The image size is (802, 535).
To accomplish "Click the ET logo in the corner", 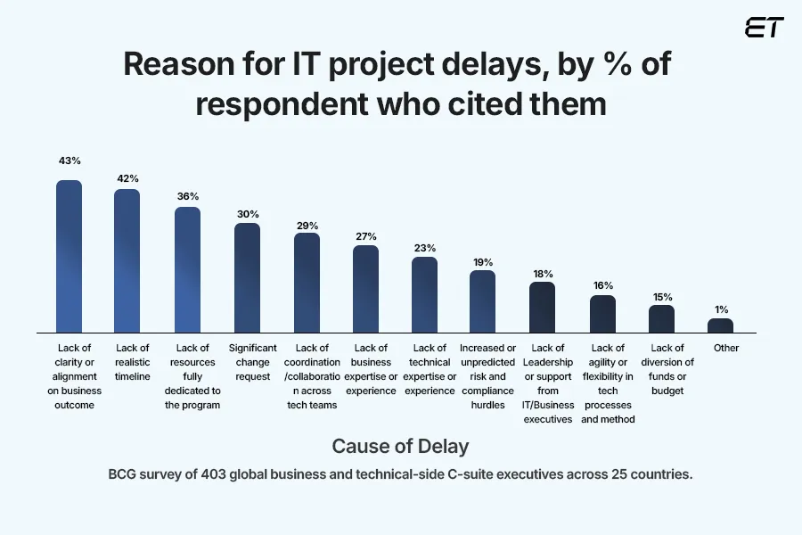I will pyautogui.click(x=765, y=28).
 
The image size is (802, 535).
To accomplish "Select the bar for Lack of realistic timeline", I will pyautogui.click(x=127, y=259).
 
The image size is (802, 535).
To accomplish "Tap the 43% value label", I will pyautogui.click(x=69, y=161).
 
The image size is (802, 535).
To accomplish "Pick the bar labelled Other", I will pyautogui.click(x=720, y=325).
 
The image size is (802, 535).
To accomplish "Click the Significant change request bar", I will pyautogui.click(x=247, y=277).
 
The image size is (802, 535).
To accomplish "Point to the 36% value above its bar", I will pyautogui.click(x=187, y=196).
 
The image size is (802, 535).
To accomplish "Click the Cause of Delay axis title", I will pyautogui.click(x=400, y=445).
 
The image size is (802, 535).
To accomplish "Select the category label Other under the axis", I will pyautogui.click(x=726, y=348).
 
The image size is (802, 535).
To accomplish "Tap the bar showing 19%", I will pyautogui.click(x=482, y=301).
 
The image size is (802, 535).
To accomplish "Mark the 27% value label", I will pyautogui.click(x=365, y=236).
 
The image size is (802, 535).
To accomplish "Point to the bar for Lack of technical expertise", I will pyautogui.click(x=424, y=294).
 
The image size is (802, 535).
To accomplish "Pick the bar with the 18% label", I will pyautogui.click(x=542, y=307).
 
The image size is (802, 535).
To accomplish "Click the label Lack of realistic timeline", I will pyautogui.click(x=133, y=361).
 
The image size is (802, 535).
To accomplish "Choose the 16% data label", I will pyautogui.click(x=602, y=285).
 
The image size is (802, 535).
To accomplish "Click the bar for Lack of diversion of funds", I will pyautogui.click(x=661, y=318).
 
